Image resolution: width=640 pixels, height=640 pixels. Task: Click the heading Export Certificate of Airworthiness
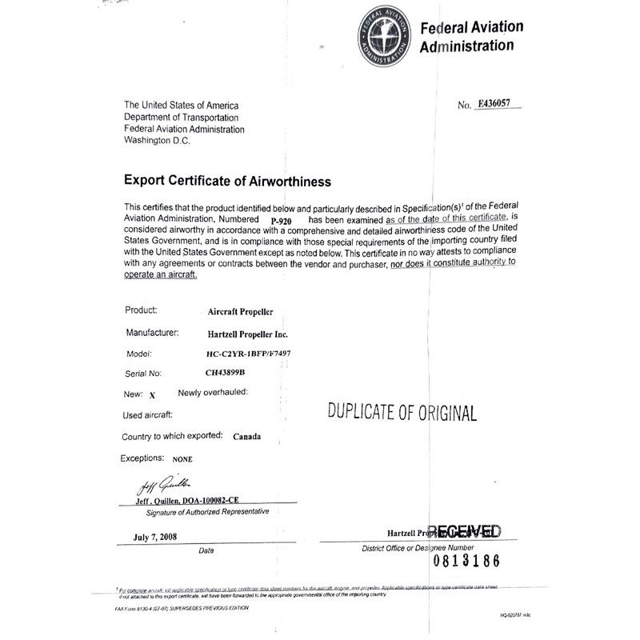click(227, 182)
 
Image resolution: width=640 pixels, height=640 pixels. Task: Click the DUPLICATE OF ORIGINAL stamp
click(402, 413)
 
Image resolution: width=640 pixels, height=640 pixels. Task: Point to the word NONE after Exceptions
click(182, 460)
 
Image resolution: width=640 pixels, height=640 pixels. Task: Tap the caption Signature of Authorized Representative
click(202, 511)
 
